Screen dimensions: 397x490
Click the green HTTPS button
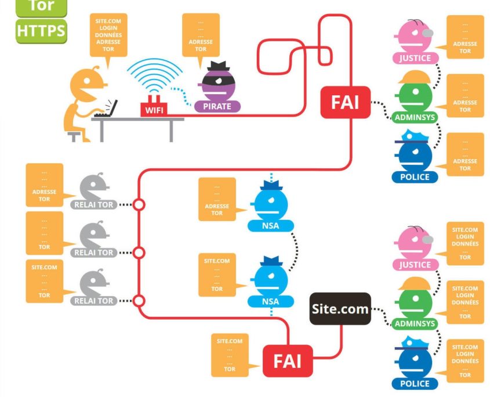click(41, 31)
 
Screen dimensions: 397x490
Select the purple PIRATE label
click(217, 106)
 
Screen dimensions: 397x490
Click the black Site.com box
click(340, 309)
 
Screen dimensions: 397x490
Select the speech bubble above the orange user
click(109, 35)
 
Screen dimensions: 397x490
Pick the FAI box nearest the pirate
click(345, 102)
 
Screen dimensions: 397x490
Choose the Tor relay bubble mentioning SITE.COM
click(45, 281)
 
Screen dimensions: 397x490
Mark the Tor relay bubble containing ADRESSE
click(45, 185)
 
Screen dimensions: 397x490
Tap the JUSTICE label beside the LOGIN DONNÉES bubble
click(415, 265)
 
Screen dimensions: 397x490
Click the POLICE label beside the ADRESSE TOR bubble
click(415, 176)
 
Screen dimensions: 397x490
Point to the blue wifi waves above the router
click(154, 76)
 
